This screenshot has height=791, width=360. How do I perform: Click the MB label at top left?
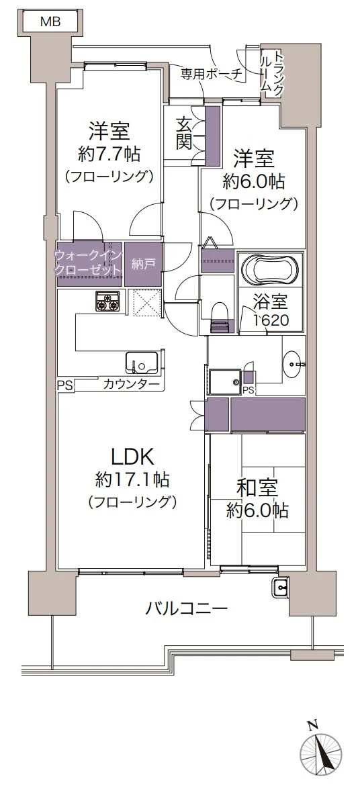pos(50,21)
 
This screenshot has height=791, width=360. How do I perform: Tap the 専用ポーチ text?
pos(211,74)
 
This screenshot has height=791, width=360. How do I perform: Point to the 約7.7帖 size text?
pos(109,154)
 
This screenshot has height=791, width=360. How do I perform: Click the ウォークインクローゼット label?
pos(87,262)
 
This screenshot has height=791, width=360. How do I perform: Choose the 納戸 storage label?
pos(142,263)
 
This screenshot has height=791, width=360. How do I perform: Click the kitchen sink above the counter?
pos(141,363)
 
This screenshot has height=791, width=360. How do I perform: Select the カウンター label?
pos(132,385)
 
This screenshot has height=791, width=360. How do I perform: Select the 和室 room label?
pos(257,488)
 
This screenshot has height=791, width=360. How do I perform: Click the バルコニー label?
pos(187,608)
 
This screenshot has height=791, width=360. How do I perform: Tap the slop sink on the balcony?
pos(280,588)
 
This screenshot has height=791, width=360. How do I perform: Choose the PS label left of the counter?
pos(64,385)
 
